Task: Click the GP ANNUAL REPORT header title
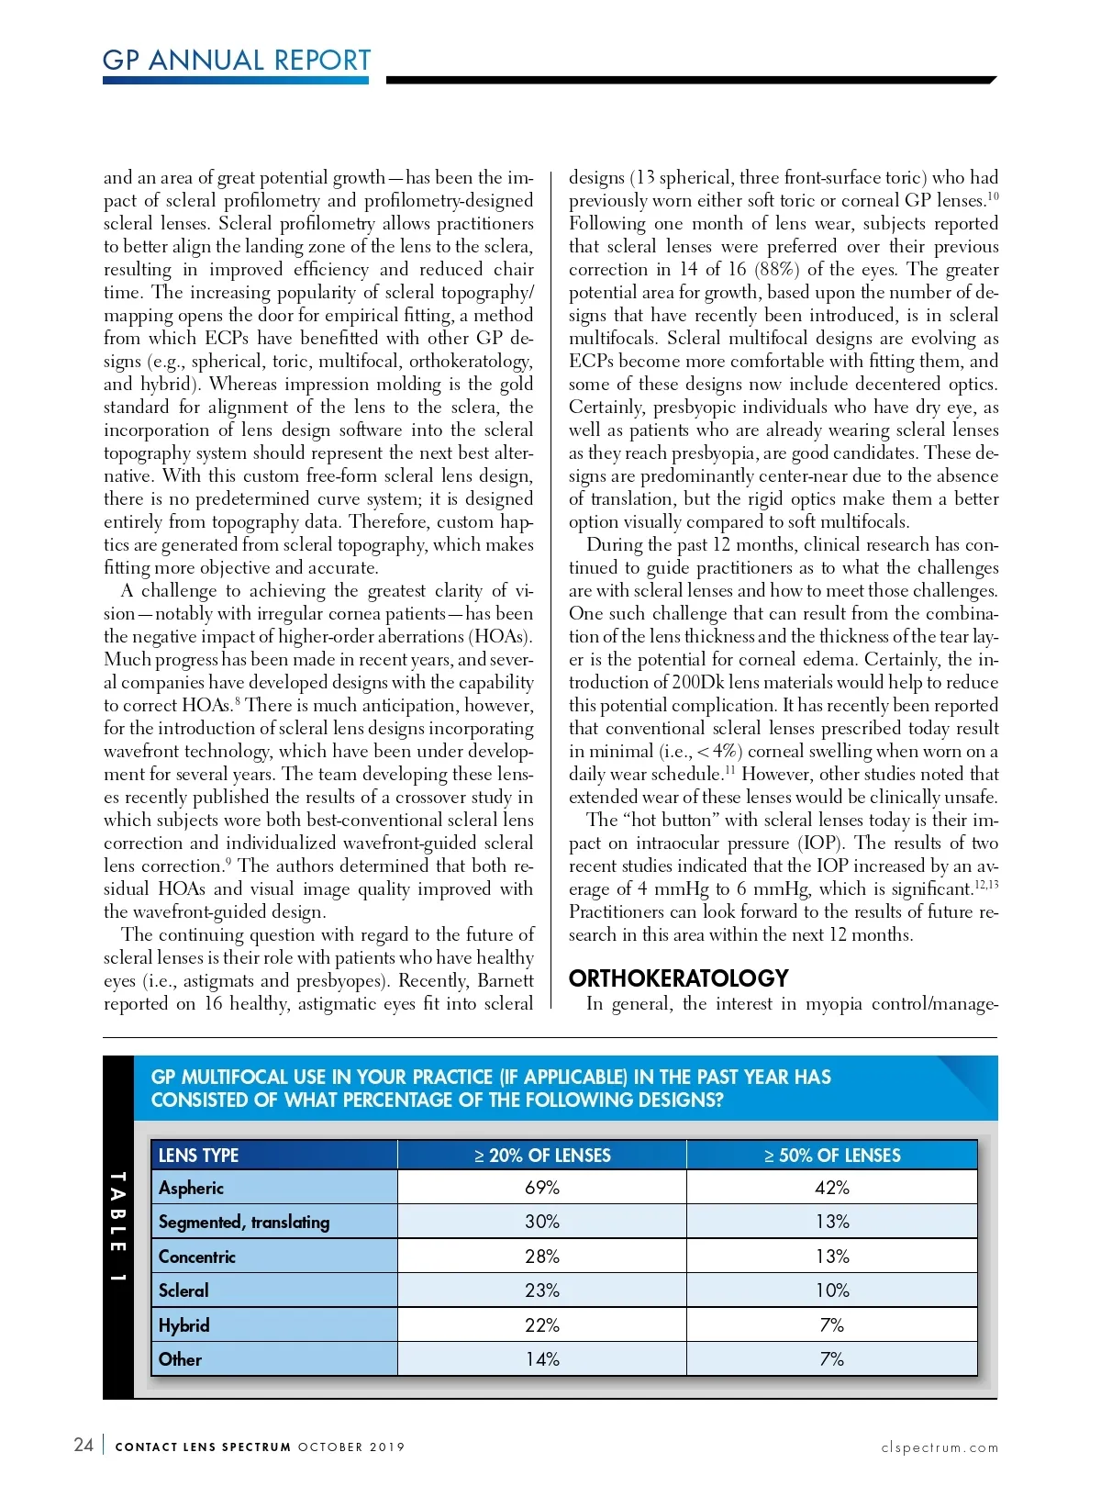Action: click(x=237, y=61)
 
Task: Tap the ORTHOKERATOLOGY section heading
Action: click(x=678, y=978)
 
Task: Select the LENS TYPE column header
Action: click(x=198, y=1156)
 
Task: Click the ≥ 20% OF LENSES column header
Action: click(x=542, y=1156)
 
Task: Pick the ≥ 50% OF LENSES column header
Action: click(x=832, y=1156)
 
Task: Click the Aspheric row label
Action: click(x=191, y=1188)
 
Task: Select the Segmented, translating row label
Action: click(x=243, y=1222)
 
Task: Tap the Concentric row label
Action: click(x=196, y=1257)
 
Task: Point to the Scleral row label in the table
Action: click(x=183, y=1290)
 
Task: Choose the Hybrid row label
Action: click(x=183, y=1325)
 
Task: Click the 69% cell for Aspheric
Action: click(x=542, y=1188)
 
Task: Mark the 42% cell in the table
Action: click(x=832, y=1188)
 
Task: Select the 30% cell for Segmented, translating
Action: click(x=542, y=1222)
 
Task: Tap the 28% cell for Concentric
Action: click(x=542, y=1257)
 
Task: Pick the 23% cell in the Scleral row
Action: click(x=542, y=1290)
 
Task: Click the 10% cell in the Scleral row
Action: click(x=832, y=1290)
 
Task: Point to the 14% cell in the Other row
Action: click(x=542, y=1359)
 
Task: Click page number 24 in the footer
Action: click(x=83, y=1446)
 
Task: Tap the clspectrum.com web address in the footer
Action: click(x=940, y=1447)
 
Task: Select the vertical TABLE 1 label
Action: click(x=117, y=1227)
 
